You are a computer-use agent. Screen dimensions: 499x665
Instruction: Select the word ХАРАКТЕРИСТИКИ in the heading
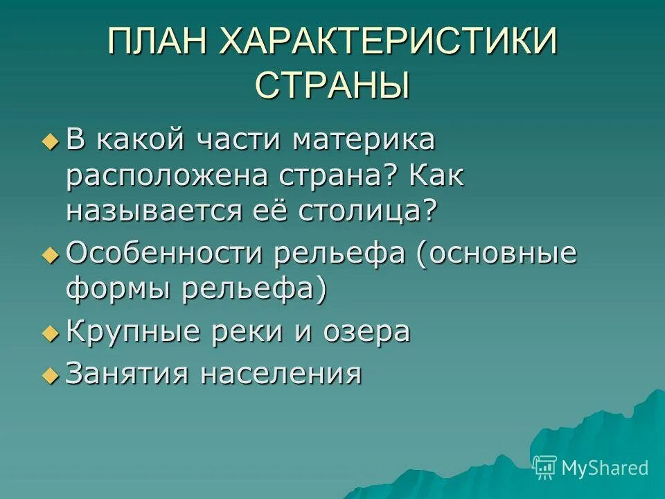coord(389,43)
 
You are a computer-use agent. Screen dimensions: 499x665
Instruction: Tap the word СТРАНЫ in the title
coord(332,86)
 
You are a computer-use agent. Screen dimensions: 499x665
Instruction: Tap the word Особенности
coord(166,254)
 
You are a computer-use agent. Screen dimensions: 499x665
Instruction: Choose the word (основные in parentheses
coord(497,254)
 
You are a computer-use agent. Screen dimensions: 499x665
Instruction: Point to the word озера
coord(367,332)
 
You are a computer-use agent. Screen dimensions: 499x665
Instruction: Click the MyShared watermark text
coord(605,468)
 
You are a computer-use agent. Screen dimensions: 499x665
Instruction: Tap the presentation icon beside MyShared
coord(545,468)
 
